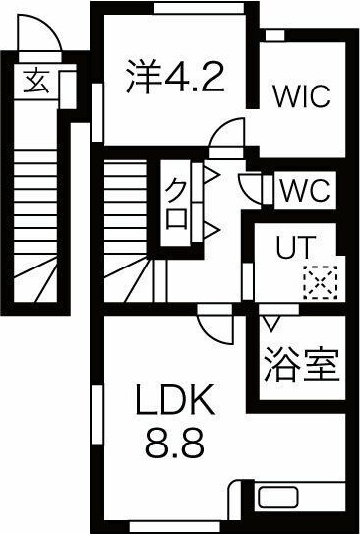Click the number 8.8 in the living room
(x=176, y=444)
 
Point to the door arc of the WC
(x=253, y=187)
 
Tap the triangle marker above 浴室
(x=270, y=322)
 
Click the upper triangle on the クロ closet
(x=211, y=178)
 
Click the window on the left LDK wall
(x=97, y=413)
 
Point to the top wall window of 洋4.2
(x=199, y=7)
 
